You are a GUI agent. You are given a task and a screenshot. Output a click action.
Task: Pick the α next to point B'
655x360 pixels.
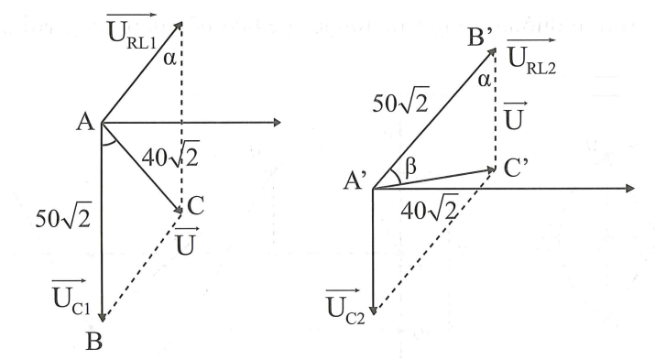tap(484, 82)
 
